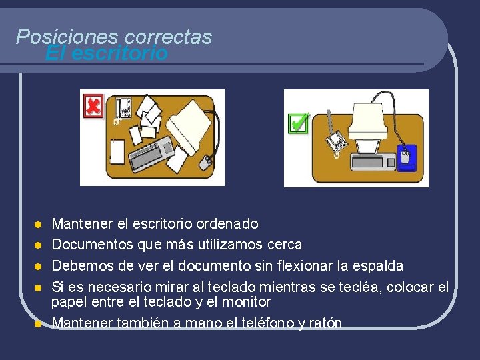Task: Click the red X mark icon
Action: coord(93,106)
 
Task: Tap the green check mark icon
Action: coord(298,123)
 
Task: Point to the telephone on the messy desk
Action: coord(123,107)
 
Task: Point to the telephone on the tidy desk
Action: coord(337,140)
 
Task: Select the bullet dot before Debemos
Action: coord(39,267)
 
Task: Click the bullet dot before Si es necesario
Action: coord(39,288)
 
